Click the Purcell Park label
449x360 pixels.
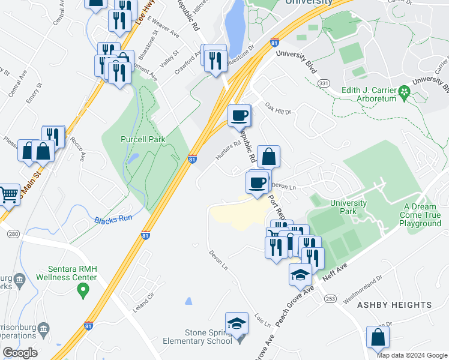(x=142, y=139)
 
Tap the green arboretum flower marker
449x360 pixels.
(x=404, y=92)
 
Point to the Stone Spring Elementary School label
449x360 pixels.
(x=197, y=336)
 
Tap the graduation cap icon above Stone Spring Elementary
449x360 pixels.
(x=237, y=323)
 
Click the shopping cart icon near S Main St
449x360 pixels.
(x=7, y=194)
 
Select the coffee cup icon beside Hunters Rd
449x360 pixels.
(x=239, y=115)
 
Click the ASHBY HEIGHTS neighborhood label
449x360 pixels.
(x=394, y=305)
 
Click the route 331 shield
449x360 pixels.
(x=324, y=83)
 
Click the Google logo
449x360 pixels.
(x=20, y=353)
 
